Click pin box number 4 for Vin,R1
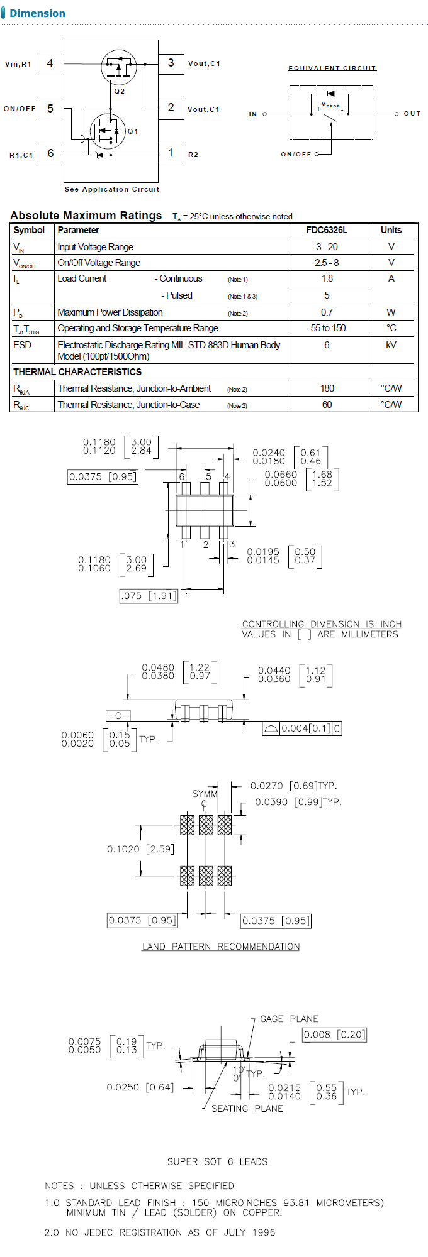pos(50,63)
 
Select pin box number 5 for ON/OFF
pos(50,109)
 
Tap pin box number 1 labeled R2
pos(171,153)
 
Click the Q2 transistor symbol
pos(118,67)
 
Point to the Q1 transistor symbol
pos(108,131)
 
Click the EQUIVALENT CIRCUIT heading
pos(332,68)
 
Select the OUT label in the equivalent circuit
pos(412,114)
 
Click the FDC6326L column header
pos(326,230)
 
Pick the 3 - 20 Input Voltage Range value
pos(326,247)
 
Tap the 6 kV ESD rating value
pos(326,345)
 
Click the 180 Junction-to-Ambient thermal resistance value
pos(326,388)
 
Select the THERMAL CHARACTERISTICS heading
pos(77,372)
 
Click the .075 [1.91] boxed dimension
pos(149,596)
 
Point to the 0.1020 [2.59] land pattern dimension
pos(140,849)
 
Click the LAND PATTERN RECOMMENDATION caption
pos(220,947)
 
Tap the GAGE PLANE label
pos(289,1019)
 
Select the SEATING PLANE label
pos(247,1109)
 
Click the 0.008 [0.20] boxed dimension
pos(334,1035)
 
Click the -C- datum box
pos(118,716)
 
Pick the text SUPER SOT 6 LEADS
pos(217,1161)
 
